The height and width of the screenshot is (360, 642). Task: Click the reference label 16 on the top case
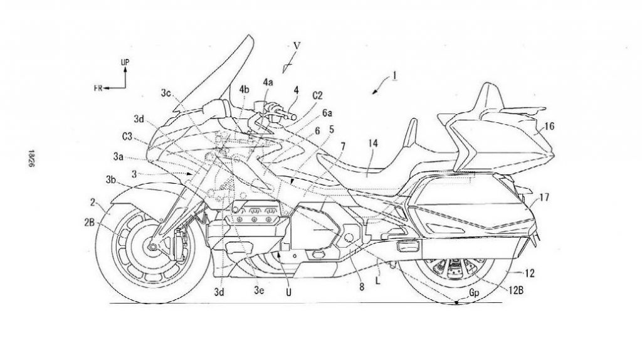tap(549, 127)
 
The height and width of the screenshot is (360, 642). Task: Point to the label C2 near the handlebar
tap(317, 96)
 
